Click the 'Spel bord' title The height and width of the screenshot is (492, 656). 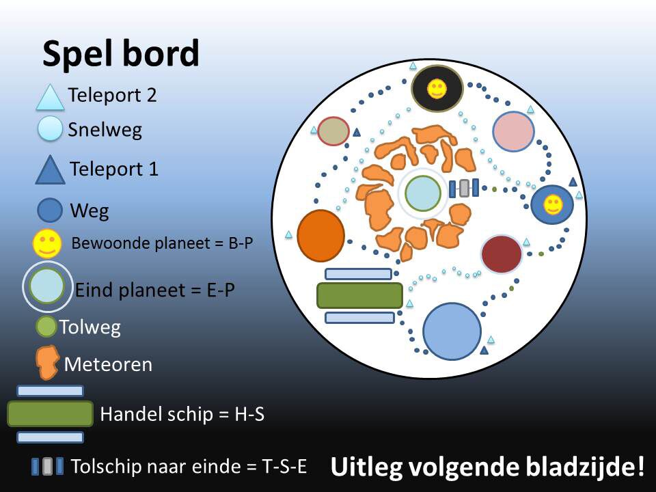tap(121, 54)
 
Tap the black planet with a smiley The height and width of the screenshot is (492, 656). tap(437, 88)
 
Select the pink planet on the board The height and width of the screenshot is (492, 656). tap(513, 131)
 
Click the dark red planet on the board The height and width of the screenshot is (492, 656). tap(502, 254)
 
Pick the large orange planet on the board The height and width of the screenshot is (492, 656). tap(321, 236)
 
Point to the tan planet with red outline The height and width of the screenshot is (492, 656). tap(333, 131)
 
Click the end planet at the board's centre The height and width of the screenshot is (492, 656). tap(423, 193)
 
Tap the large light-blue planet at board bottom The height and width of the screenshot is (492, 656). tap(452, 331)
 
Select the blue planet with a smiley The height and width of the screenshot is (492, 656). tap(552, 204)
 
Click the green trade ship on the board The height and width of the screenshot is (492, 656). tap(360, 295)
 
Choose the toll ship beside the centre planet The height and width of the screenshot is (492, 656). tap(464, 189)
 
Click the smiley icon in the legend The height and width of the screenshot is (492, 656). tap(47, 243)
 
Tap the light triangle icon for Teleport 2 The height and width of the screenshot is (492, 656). tap(50, 98)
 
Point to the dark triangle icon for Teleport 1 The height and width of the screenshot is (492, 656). tap(50, 170)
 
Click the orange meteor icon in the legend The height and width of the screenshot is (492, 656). tap(47, 362)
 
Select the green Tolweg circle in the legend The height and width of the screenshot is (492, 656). tap(46, 327)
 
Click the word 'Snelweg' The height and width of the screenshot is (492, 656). tap(105, 130)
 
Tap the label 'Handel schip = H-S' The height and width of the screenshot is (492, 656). tap(182, 414)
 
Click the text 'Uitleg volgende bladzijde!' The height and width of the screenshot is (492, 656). tap(487, 467)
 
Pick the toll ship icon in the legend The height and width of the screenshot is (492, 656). tap(48, 466)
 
